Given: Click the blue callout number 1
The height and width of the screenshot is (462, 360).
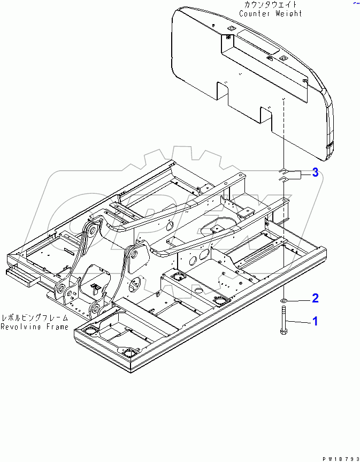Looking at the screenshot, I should (315, 321).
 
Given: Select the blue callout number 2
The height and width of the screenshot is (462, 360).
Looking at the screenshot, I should (316, 298).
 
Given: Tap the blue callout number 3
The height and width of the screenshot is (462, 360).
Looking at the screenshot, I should (316, 172).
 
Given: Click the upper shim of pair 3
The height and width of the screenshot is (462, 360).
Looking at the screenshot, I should (284, 171).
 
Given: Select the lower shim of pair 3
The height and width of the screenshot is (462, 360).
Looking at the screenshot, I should (284, 178).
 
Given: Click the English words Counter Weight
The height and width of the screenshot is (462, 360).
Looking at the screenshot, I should (270, 13).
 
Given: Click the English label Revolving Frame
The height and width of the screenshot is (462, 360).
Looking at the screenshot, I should (34, 327).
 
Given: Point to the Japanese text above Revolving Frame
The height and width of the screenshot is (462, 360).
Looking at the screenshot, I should (34, 317).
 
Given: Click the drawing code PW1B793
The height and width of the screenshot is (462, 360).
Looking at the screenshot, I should (340, 459).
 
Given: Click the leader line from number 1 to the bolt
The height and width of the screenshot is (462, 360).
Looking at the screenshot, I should (298, 321).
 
